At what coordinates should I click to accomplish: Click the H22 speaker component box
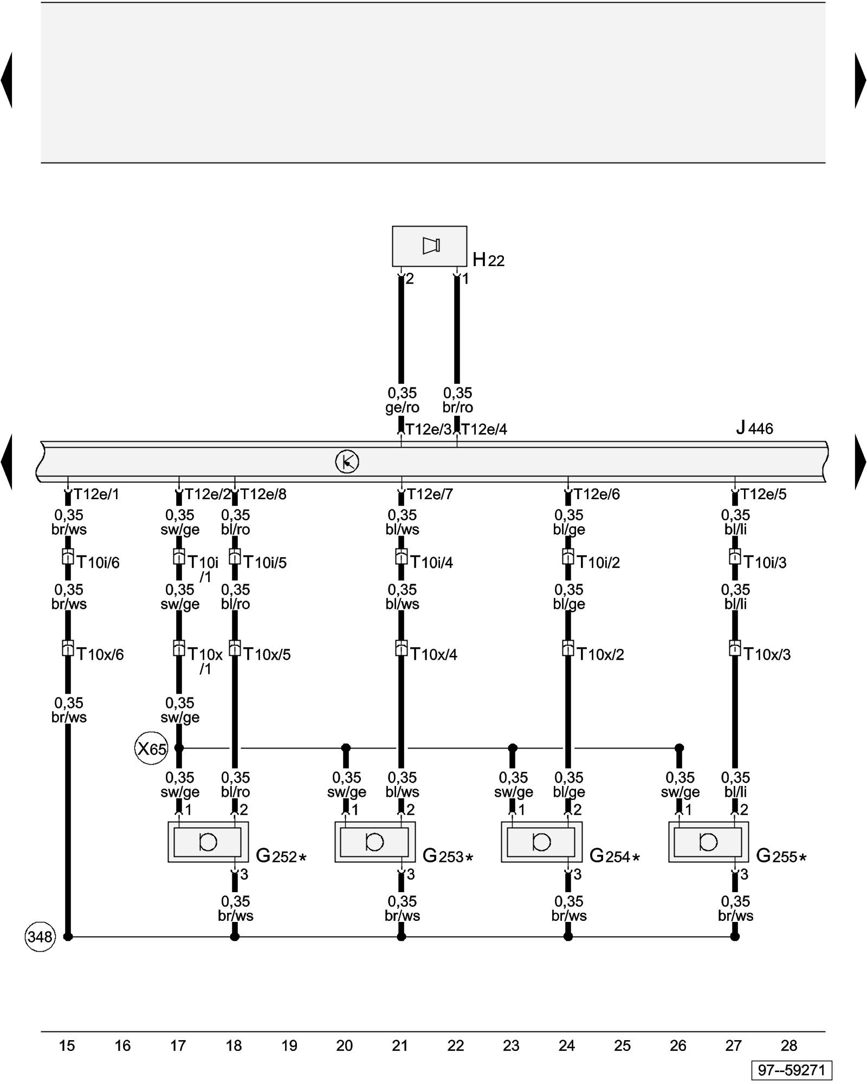pos(429,246)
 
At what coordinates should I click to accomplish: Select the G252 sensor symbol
pos(208,842)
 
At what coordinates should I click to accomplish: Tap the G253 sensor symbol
pos(375,842)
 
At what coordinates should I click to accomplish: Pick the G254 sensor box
pos(541,842)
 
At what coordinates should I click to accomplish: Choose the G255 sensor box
pos(708,842)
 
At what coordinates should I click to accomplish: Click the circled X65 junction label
pos(151,749)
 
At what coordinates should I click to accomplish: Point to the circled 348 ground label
pos(40,937)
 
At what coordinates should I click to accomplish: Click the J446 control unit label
pos(754,428)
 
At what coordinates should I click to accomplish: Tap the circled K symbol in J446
pos(347,462)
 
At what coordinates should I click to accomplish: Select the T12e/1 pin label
pos(96,494)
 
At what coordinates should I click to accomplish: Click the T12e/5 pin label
pos(763,494)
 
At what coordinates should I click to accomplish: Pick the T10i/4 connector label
pos(431,563)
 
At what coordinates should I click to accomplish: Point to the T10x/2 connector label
pos(600,655)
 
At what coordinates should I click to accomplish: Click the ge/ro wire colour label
pos(402,408)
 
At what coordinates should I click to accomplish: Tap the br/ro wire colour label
pos(458,408)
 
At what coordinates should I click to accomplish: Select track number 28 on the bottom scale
pos(789,1046)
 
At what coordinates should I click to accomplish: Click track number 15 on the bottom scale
pos(67,1046)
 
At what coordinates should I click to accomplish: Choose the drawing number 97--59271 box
pos(791,1070)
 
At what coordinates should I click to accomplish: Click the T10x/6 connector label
pos(100,655)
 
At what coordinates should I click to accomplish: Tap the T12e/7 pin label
pos(430,494)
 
